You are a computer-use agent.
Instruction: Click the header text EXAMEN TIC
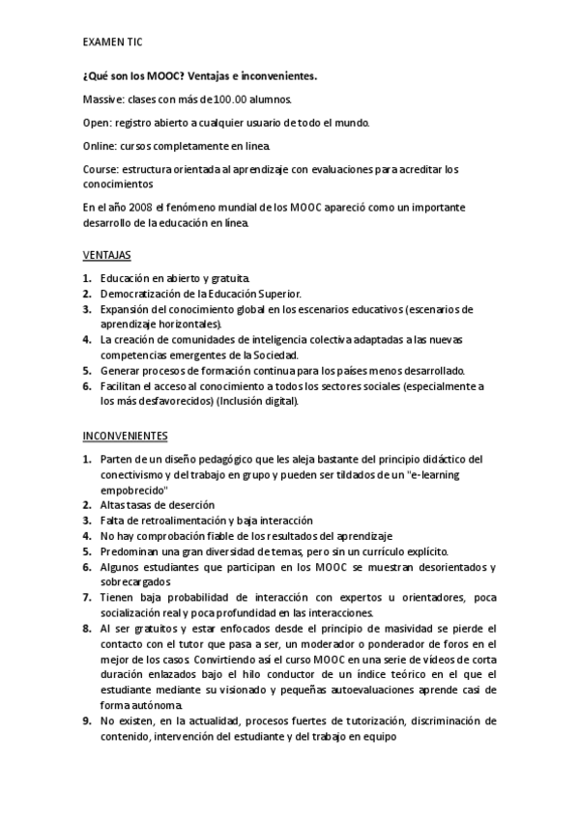[x=112, y=43]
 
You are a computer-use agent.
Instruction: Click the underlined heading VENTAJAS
[x=104, y=255]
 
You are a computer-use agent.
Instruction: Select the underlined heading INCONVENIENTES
[x=125, y=436]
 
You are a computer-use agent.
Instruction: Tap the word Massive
[x=101, y=99]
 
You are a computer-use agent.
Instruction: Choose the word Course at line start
[x=100, y=168]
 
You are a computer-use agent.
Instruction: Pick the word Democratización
[x=141, y=294]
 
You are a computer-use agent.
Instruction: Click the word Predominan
[x=129, y=551]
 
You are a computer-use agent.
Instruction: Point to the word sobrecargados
[x=135, y=582]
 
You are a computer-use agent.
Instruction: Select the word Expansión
[x=126, y=309]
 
